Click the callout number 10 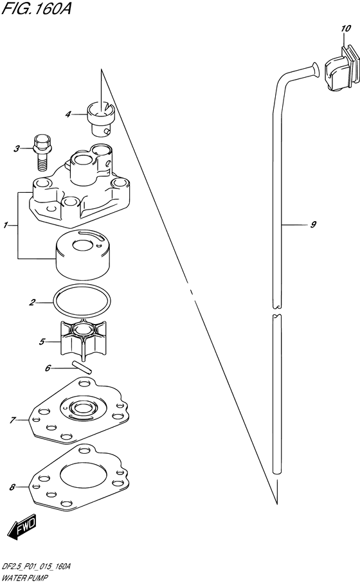(346, 29)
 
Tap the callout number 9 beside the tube (313, 224)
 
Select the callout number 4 (68, 114)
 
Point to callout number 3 (16, 149)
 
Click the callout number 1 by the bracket (6, 225)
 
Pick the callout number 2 (32, 302)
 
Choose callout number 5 (42, 341)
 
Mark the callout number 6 (48, 368)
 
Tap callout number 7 (12, 420)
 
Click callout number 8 (12, 487)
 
